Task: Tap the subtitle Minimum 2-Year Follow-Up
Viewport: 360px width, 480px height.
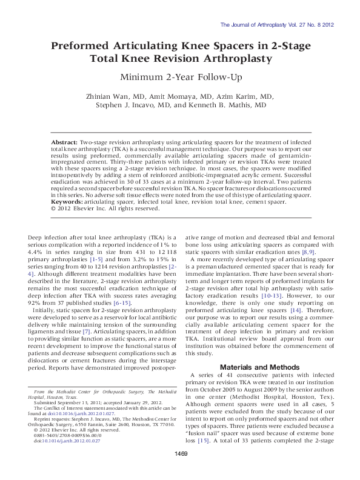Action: (179, 77)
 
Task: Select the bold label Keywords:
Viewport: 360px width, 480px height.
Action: (69, 201)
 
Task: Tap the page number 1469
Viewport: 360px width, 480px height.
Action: (180, 470)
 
